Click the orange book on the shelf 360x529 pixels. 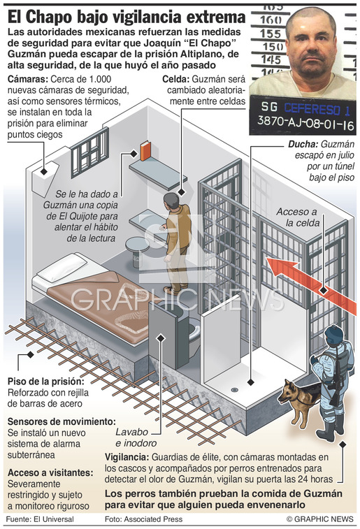[145, 151]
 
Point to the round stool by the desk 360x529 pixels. [137, 250]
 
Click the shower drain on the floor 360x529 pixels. [234, 390]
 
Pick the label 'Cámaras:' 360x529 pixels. [28, 79]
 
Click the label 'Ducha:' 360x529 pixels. [303, 145]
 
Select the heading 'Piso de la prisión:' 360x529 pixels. [46, 382]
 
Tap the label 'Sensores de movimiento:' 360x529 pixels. [62, 421]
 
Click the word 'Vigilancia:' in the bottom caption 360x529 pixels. [127, 457]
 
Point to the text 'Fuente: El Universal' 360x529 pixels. [40, 519]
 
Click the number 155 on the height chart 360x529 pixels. [271, 34]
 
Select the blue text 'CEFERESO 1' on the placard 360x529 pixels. [317, 108]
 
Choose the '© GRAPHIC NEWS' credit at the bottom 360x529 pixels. [320, 519]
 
